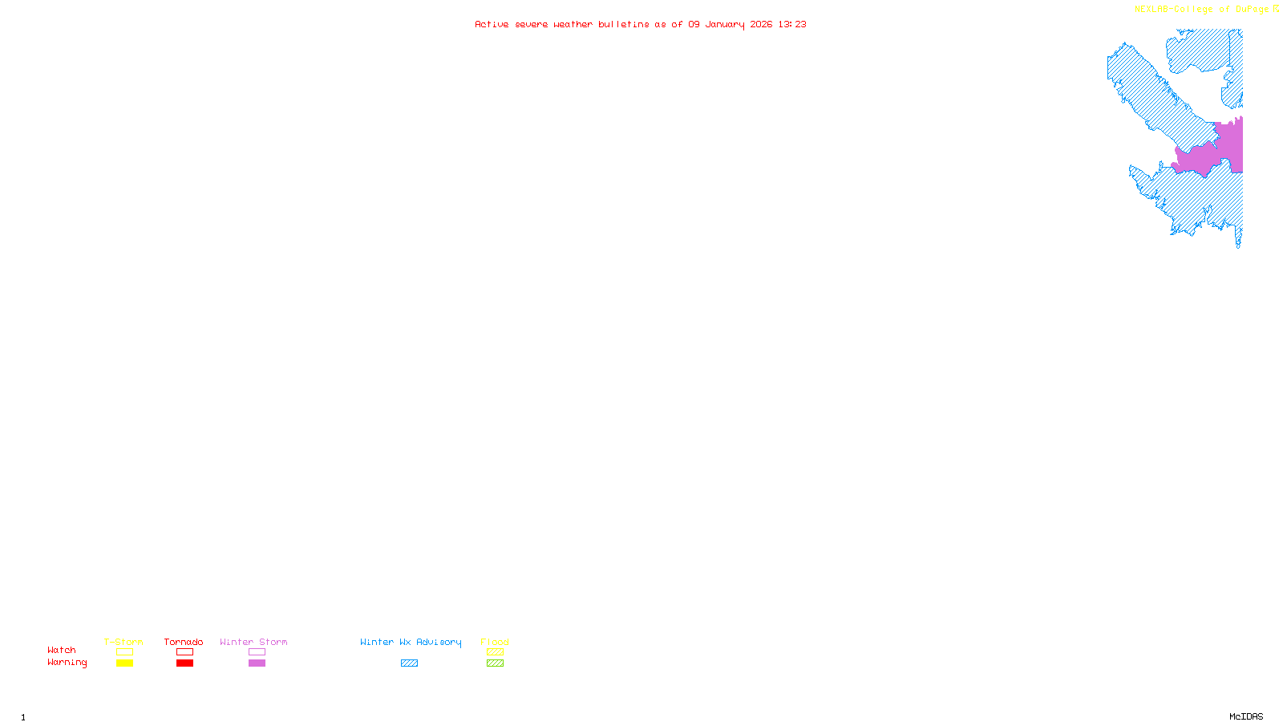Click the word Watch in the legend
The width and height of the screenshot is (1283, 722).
[x=62, y=650]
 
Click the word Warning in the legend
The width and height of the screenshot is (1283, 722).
[x=67, y=663]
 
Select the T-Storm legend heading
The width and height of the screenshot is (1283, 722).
[x=123, y=642]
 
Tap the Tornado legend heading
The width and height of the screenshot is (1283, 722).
[x=184, y=642]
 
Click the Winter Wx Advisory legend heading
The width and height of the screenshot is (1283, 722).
[x=411, y=642]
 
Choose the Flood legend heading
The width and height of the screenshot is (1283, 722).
[x=495, y=642]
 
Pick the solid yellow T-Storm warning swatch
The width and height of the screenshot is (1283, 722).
[x=124, y=663]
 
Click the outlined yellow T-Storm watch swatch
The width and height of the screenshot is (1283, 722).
[x=124, y=652]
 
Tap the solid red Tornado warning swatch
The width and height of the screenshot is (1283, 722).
[x=184, y=663]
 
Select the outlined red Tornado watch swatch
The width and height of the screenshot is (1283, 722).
[x=184, y=652]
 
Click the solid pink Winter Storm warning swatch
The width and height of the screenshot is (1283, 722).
[x=257, y=663]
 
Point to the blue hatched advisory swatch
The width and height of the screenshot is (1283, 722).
[x=409, y=663]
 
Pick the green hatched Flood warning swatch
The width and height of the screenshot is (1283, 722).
[x=495, y=663]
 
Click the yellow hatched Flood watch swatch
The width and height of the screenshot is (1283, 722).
[x=495, y=652]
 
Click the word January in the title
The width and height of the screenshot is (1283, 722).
[x=725, y=24]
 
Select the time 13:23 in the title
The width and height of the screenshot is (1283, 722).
[x=792, y=24]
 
